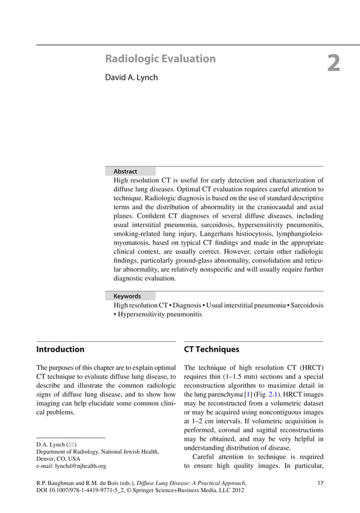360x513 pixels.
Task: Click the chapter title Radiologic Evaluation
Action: point(161,59)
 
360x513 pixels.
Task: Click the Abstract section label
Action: point(125,171)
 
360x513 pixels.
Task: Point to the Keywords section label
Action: point(127,296)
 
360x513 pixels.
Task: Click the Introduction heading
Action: point(60,350)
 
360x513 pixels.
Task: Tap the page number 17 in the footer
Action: point(321,483)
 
